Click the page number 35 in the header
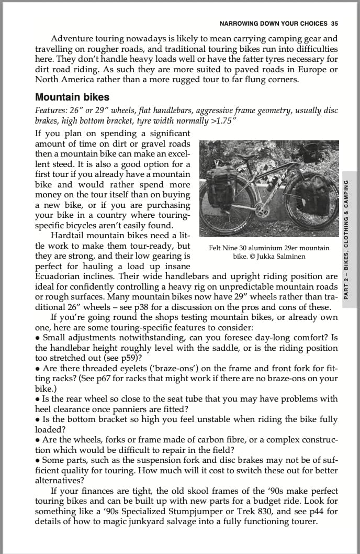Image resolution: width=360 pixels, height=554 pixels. tap(334, 24)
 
